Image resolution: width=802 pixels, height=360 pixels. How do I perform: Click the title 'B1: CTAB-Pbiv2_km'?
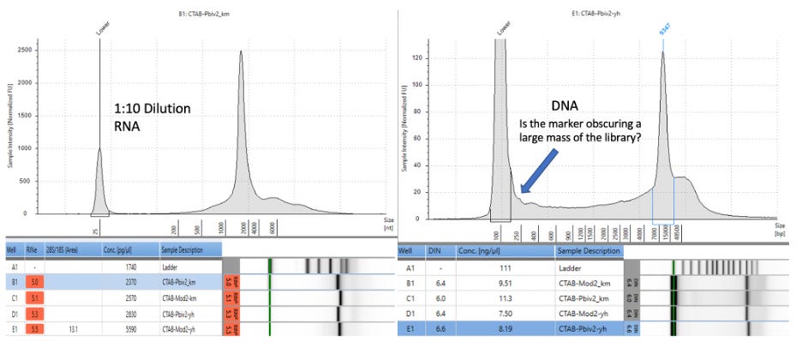pyautogui.click(x=199, y=14)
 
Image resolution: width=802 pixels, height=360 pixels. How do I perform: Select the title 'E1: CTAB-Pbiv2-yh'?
pyautogui.click(x=601, y=14)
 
